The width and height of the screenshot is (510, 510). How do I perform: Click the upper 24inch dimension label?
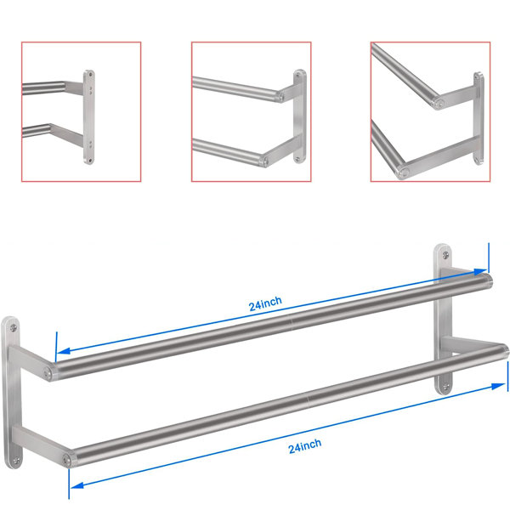[265, 303]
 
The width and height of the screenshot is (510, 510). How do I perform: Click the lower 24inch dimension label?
[305, 446]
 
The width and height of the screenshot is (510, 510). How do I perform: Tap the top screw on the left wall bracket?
[14, 327]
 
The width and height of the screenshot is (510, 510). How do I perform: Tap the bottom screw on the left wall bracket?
[16, 460]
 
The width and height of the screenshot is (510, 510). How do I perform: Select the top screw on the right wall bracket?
[445, 255]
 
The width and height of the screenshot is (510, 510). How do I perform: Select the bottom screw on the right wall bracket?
[446, 387]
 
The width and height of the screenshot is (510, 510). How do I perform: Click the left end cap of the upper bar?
[48, 372]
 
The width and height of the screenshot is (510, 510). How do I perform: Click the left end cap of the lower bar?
[67, 460]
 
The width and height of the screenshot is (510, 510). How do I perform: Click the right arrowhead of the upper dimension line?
[481, 272]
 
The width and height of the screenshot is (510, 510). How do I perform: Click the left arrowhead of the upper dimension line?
[64, 350]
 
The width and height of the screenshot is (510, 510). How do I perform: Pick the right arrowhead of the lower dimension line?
[499, 386]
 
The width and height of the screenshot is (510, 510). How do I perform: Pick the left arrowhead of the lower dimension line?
[77, 485]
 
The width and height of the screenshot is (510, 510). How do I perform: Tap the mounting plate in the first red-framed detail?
[89, 117]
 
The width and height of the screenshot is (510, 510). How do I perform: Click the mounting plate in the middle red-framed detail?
[299, 116]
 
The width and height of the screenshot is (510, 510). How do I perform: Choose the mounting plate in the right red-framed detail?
[479, 119]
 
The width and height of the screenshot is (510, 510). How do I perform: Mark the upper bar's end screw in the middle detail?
[281, 96]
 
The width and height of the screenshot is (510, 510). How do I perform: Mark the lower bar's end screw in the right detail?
[404, 172]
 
